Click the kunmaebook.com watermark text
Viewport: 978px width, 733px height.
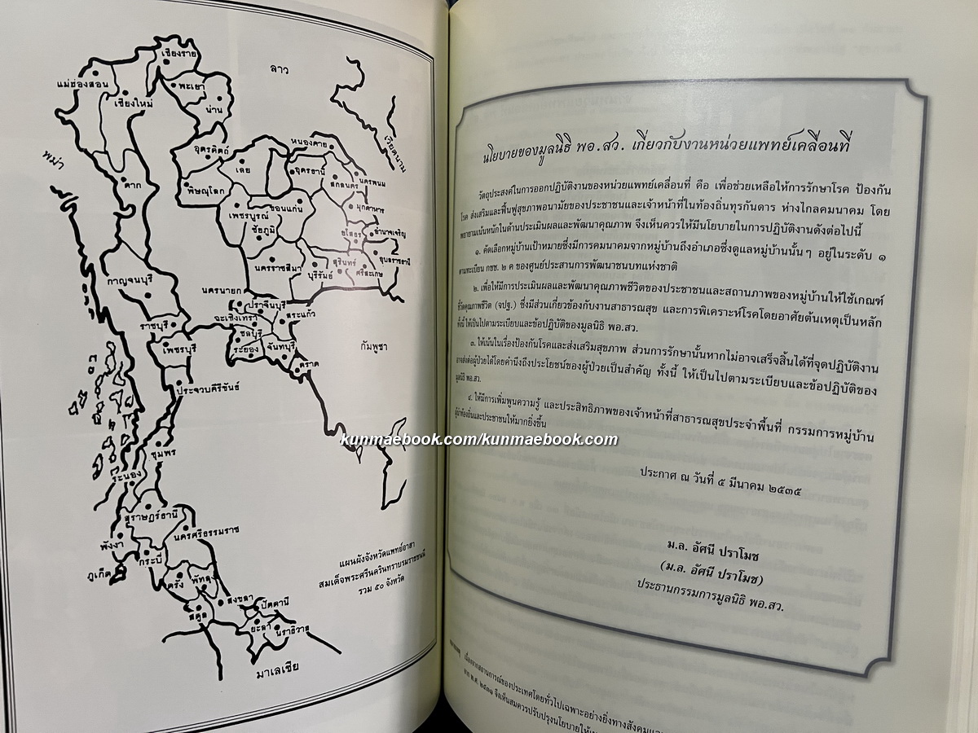point(478,440)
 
